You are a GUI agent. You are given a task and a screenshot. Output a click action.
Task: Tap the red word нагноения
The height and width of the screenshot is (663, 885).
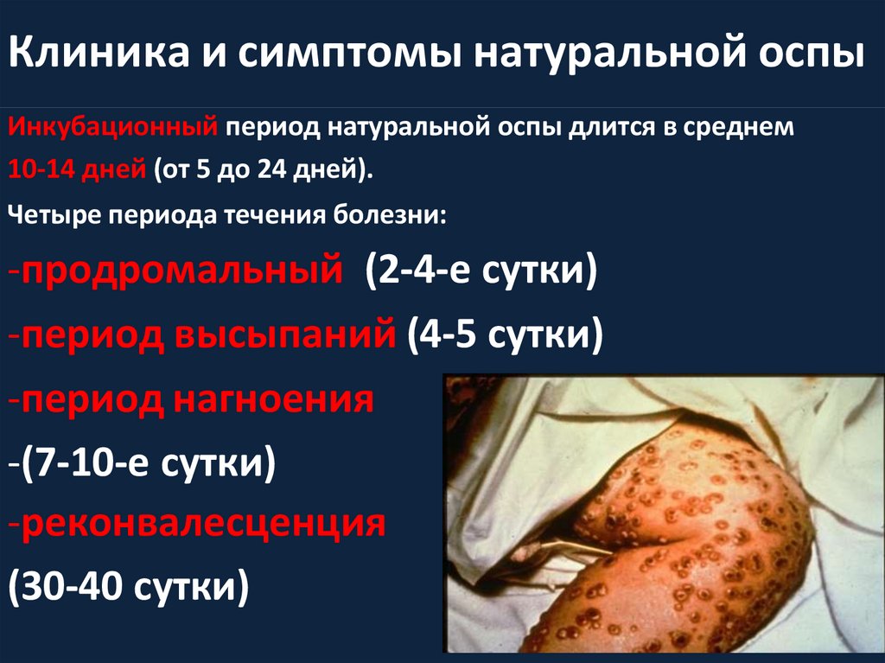coord(283,401)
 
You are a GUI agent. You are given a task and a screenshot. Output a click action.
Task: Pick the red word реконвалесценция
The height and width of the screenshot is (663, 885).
coord(201,526)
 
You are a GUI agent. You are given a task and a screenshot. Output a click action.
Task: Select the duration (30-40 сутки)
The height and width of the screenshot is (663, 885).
coord(130,590)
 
